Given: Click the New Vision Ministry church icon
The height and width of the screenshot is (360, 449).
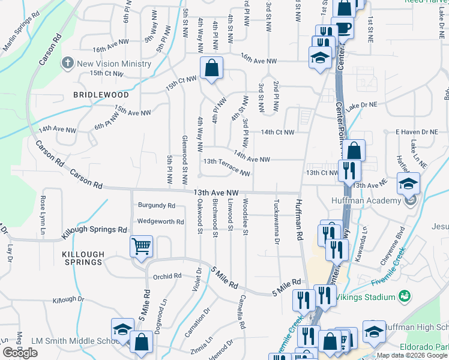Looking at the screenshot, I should [x=68, y=63].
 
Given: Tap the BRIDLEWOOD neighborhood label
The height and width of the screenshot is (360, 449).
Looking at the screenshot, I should [x=101, y=95].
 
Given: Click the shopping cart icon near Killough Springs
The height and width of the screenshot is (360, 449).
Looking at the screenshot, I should [x=142, y=246].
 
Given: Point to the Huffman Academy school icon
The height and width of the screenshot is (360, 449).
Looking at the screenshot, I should [x=408, y=183].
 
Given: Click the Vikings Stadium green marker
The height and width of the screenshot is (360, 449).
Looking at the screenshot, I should [x=405, y=297].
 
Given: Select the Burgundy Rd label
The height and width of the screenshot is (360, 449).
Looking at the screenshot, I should [x=156, y=205].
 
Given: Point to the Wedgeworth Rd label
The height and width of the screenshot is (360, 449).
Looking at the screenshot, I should [x=160, y=221].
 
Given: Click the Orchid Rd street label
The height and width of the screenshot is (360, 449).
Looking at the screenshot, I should [x=167, y=277].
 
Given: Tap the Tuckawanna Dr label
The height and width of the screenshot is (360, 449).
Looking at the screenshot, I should [x=277, y=222].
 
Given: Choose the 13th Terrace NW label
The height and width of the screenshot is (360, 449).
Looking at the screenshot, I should [x=226, y=167].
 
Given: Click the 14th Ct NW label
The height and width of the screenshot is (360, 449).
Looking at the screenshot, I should [x=277, y=132].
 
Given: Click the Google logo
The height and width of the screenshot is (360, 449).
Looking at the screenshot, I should [x=20, y=353].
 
